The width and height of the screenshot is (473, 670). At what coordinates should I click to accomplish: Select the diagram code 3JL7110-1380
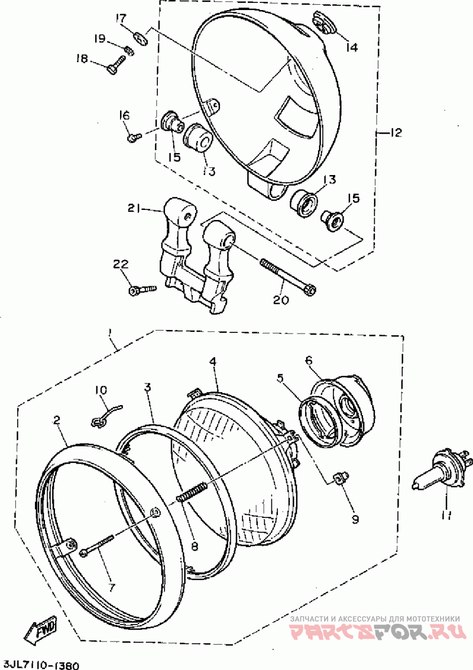[x=40, y=664]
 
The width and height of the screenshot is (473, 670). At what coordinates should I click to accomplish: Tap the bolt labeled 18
[x=115, y=64]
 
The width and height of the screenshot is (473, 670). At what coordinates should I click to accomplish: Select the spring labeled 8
[x=192, y=492]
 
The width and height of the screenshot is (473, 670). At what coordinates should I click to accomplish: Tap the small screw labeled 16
[x=132, y=137]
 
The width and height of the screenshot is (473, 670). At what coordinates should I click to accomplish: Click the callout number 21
[x=134, y=208]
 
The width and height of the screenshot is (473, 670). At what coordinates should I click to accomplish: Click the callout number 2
[x=57, y=420]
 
